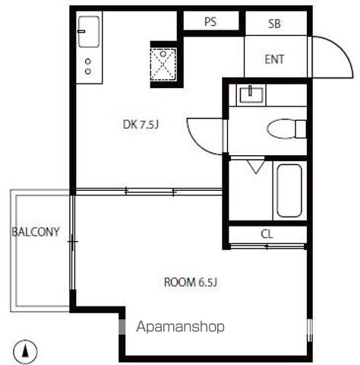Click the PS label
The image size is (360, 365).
(210, 22)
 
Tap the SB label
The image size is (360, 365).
(274, 24)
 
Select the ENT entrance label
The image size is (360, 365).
(274, 59)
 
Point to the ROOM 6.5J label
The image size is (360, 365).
(191, 283)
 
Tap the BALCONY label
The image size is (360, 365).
(36, 232)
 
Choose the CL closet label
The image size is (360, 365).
(267, 234)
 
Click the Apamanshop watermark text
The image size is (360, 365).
(180, 327)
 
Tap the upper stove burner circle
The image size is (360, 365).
(88, 62)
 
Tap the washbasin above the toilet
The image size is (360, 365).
(249, 94)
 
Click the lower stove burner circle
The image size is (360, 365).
(88, 71)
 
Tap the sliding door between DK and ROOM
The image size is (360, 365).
(148, 192)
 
